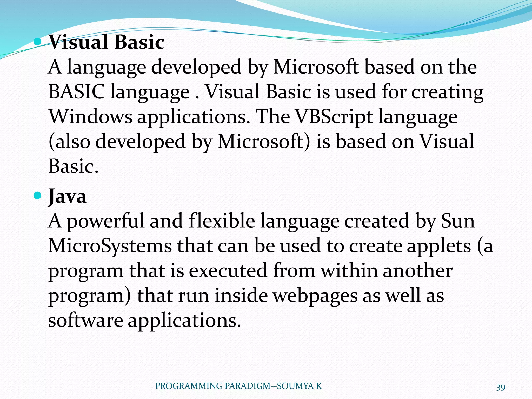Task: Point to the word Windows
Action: [90, 117]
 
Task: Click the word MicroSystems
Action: [110, 246]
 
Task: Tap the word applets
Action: [439, 246]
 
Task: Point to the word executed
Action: [228, 271]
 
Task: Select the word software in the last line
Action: [85, 320]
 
